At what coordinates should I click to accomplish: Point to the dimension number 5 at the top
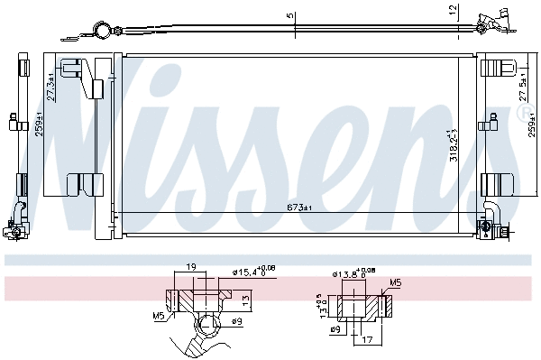[x=289, y=15]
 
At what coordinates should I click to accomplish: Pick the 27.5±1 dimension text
[x=524, y=88]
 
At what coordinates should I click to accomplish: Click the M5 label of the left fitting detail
[x=159, y=315]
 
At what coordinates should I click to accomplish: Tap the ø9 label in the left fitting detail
[x=234, y=321]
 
